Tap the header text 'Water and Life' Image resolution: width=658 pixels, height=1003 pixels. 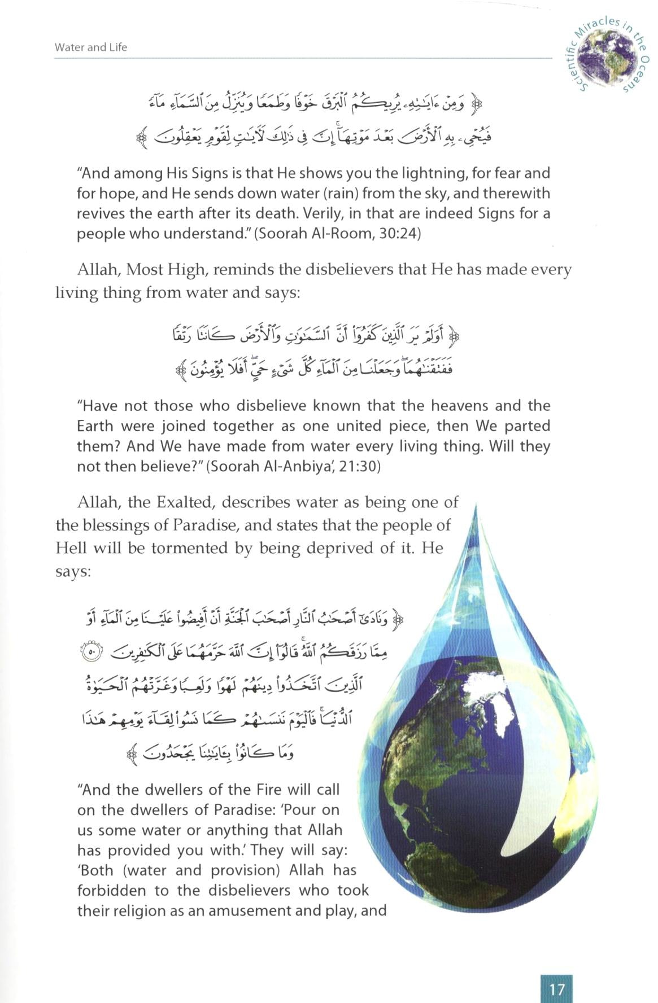click(90, 47)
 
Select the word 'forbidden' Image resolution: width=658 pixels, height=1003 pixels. click(115, 890)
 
